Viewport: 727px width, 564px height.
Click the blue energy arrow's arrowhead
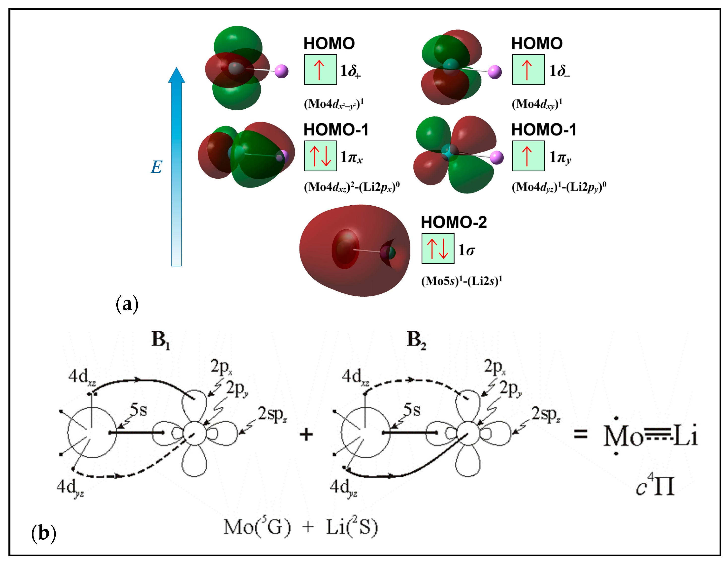[176, 76]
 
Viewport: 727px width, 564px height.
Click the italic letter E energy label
[157, 167]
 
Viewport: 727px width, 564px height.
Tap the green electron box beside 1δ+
[320, 69]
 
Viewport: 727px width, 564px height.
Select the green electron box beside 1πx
[320, 156]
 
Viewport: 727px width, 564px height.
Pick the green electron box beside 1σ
[437, 249]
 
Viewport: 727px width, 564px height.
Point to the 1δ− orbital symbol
[559, 70]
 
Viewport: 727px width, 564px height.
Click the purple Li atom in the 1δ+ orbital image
[282, 71]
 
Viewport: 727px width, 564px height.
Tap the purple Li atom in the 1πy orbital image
[496, 157]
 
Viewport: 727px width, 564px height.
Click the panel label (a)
[127, 304]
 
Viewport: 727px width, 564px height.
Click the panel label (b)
[43, 533]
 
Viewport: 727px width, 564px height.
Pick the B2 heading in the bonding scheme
[416, 340]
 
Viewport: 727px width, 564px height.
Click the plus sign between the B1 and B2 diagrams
[306, 435]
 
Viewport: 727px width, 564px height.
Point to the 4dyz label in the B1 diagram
[70, 488]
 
